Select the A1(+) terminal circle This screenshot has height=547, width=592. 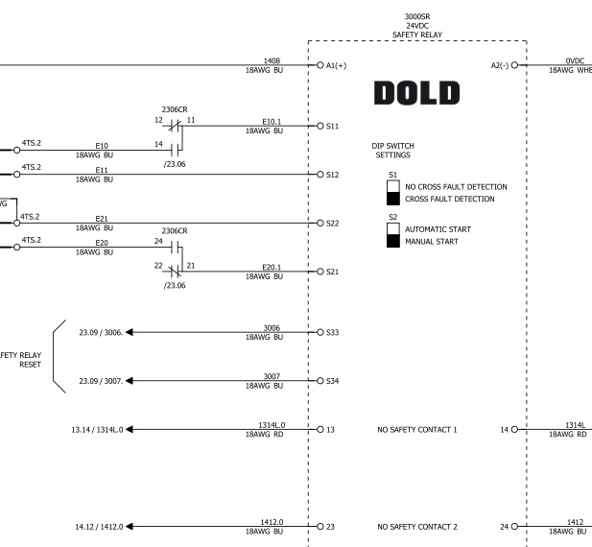(x=320, y=65)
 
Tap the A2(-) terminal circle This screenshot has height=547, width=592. (x=515, y=65)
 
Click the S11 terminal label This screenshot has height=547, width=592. (x=332, y=126)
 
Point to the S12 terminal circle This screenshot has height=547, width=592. (x=320, y=175)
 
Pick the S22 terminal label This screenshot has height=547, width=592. (x=332, y=224)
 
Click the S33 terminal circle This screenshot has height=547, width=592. (x=320, y=332)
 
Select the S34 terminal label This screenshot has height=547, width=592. (x=332, y=381)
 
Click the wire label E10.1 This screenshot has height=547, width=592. (x=272, y=121)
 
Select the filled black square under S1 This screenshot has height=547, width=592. (x=392, y=199)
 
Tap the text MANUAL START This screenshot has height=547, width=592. (x=432, y=242)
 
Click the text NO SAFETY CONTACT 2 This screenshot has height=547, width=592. (x=417, y=527)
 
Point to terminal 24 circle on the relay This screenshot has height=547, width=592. (x=515, y=527)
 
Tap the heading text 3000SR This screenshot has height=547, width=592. (x=416, y=15)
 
